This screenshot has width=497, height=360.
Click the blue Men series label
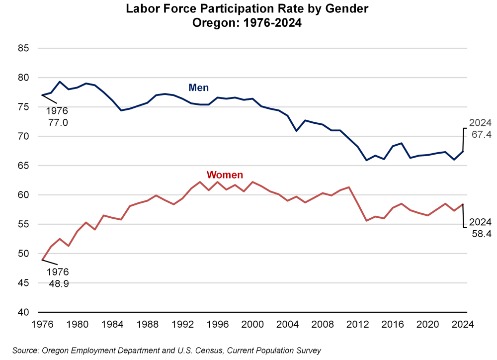click(198, 88)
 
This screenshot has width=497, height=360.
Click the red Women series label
click(225, 175)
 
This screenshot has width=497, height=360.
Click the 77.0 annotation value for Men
click(58, 121)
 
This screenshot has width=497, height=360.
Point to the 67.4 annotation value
click(481, 134)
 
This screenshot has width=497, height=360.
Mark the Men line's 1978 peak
click(60, 82)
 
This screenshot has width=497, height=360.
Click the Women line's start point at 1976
click(42, 260)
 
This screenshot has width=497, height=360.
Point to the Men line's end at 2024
click(463, 152)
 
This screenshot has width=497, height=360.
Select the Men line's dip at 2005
click(297, 131)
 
